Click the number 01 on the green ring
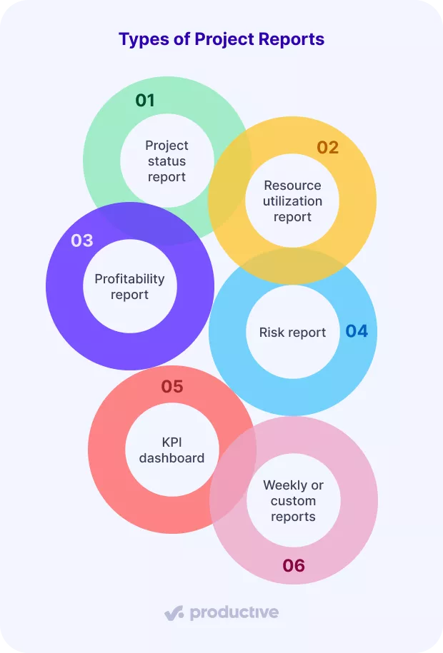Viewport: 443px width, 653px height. (145, 100)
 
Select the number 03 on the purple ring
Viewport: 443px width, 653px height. (82, 241)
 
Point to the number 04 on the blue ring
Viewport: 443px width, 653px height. (357, 331)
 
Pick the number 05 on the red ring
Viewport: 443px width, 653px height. (172, 387)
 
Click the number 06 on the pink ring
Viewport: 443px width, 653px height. (294, 566)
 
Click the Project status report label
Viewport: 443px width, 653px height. (166, 161)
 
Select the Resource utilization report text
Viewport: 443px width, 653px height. (292, 201)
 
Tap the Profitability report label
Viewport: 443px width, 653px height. (129, 286)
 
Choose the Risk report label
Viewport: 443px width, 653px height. (292, 333)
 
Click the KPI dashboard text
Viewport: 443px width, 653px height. (171, 450)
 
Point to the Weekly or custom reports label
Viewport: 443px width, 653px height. (293, 500)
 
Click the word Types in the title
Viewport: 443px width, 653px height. (140, 39)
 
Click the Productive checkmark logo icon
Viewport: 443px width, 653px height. (174, 612)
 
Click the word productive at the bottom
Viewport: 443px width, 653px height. (234, 612)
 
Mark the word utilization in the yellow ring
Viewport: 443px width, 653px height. (292, 201)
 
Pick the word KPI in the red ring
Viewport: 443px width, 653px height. (171, 442)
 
